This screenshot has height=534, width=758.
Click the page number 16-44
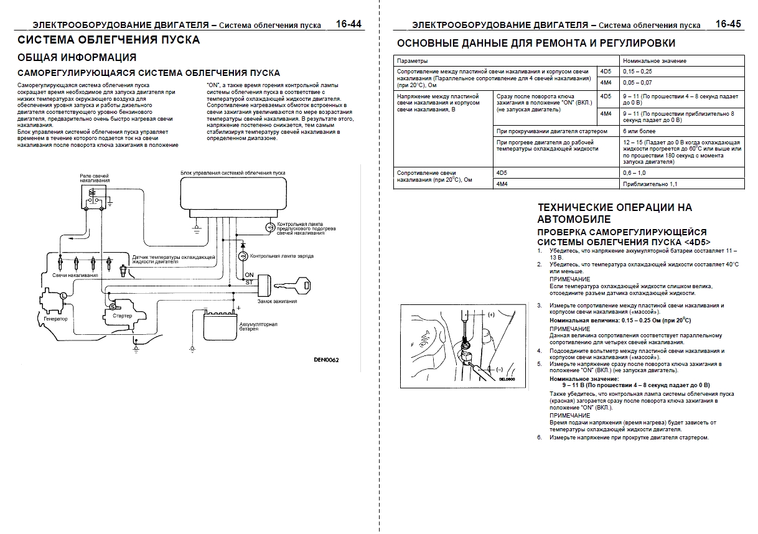coord(349,24)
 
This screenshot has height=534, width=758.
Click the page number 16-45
coord(728,24)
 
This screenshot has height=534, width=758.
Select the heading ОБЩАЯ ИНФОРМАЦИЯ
coord(77,58)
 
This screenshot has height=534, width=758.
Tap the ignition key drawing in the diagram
coord(296,285)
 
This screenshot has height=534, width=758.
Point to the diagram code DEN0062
coord(325,359)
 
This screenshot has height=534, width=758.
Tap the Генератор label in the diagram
coord(55,319)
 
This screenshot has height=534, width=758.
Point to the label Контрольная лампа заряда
coord(281,256)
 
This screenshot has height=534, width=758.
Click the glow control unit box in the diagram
coord(233,194)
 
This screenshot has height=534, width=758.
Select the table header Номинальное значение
coord(655,61)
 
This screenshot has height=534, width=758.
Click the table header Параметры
coord(412,61)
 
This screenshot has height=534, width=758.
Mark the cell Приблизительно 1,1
coord(650,184)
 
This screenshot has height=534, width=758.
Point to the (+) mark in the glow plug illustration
coord(490,315)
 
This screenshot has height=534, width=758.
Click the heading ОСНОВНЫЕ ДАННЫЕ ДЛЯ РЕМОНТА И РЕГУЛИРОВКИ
coord(536,43)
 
